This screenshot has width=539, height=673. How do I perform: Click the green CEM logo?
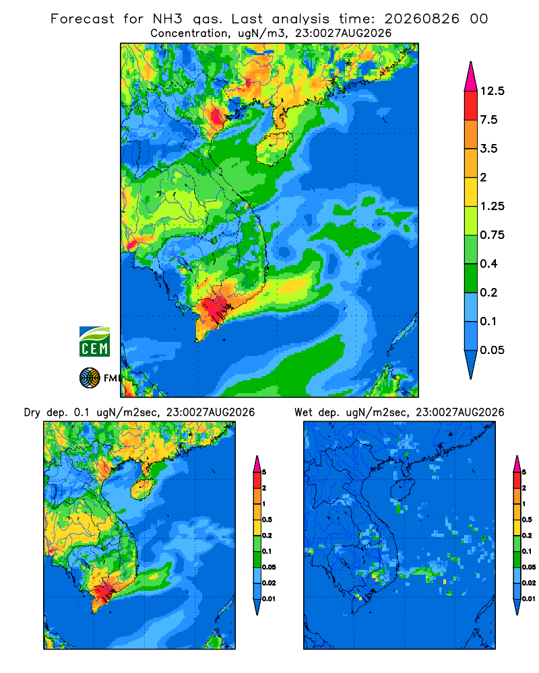tap(94, 341)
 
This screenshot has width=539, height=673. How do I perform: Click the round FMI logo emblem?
tap(90, 378)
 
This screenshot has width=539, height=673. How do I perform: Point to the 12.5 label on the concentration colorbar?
tap(492, 91)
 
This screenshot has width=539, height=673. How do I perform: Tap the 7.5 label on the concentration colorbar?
tap(488, 120)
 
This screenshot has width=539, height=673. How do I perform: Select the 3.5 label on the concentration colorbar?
tap(488, 149)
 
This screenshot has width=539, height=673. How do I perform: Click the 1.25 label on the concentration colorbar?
tap(492, 206)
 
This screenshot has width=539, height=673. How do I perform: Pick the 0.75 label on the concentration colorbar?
tap(492, 235)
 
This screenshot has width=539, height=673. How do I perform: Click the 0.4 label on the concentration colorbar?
tap(488, 264)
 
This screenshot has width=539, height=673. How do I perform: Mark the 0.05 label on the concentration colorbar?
tap(492, 350)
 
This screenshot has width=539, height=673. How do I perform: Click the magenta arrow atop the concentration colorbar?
tap(471, 77)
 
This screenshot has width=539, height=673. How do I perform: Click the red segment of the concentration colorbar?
tap(471, 106)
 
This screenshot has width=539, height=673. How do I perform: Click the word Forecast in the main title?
tap(82, 19)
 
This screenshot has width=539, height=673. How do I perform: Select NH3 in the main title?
tap(168, 19)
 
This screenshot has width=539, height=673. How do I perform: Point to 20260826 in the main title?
tap(422, 19)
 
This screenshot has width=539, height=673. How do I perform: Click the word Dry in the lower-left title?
tap(32, 413)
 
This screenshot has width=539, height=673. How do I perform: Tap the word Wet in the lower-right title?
tap(303, 413)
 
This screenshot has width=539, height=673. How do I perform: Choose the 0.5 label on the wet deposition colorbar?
tap(526, 520)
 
